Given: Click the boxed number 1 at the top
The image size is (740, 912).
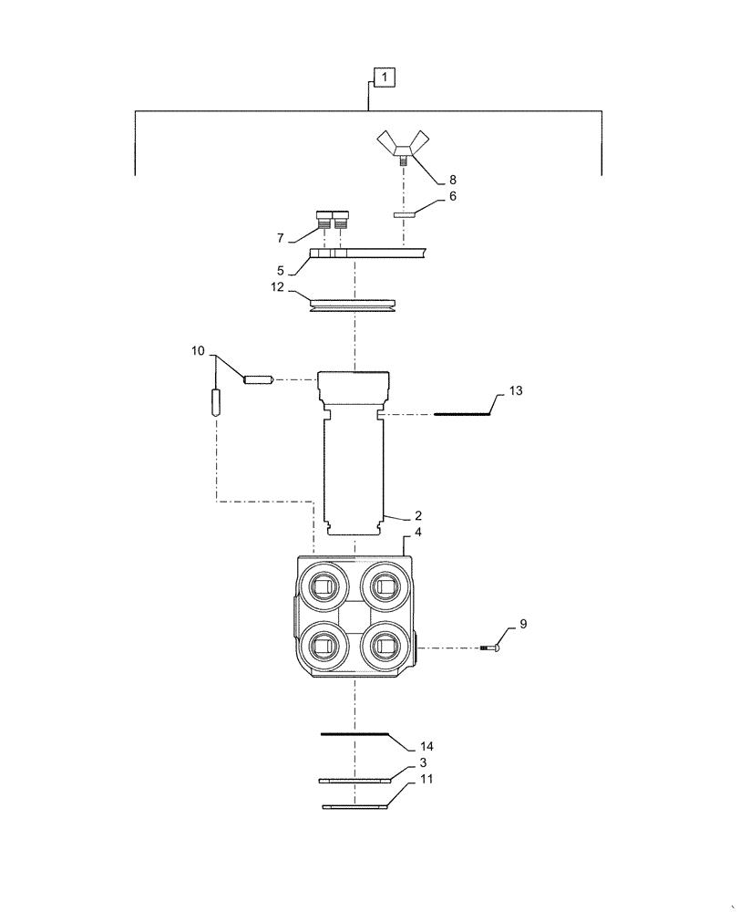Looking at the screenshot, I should (x=385, y=78).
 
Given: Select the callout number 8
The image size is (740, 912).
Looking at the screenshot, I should (x=452, y=180).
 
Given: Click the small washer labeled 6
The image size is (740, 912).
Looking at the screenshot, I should (x=404, y=216).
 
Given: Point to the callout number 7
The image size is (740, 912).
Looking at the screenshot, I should (x=280, y=238).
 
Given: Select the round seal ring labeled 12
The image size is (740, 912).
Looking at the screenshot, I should (x=353, y=304).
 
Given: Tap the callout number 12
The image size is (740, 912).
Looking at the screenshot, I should (x=277, y=287).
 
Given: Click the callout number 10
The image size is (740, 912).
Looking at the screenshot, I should (x=200, y=351).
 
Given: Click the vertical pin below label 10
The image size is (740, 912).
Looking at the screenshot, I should (x=217, y=403).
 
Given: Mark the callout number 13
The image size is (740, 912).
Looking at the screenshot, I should (x=515, y=390).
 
